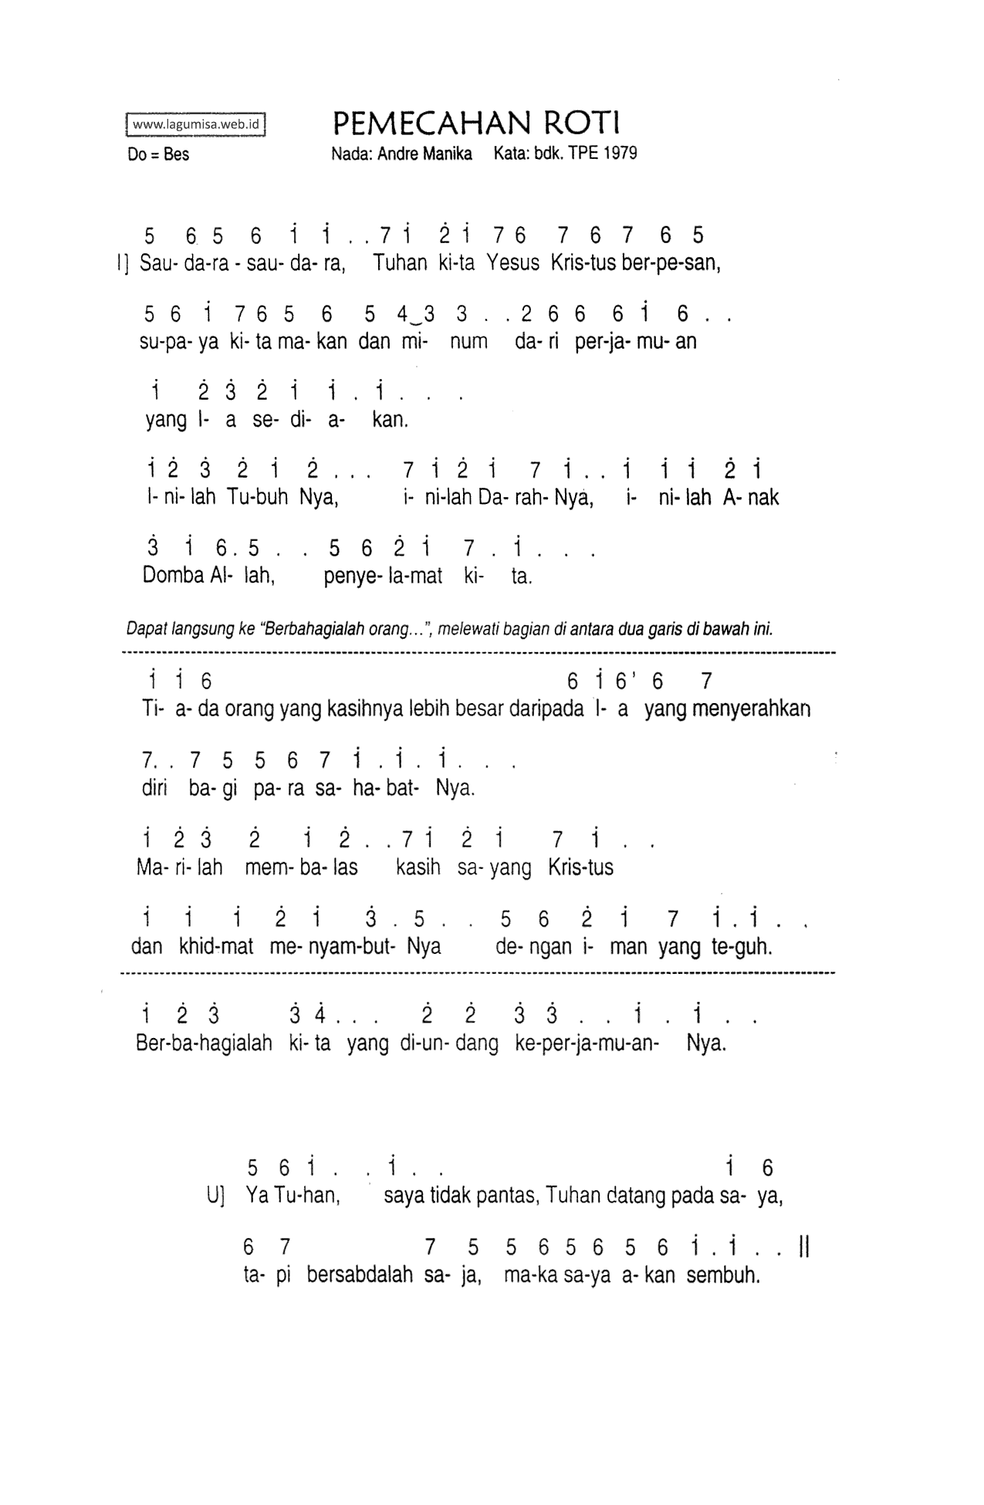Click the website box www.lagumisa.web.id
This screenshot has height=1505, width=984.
click(195, 124)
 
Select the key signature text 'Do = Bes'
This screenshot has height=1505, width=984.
click(158, 154)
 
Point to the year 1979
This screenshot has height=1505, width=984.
click(621, 153)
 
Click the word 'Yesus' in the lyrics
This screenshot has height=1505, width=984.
click(512, 263)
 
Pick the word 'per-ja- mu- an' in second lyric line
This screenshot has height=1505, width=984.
click(635, 341)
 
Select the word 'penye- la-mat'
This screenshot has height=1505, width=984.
click(383, 576)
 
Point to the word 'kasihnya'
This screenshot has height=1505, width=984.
click(338, 709)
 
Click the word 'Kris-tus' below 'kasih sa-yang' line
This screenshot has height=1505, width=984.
click(580, 867)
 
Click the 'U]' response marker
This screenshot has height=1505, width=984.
click(215, 1196)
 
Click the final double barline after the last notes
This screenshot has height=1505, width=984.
click(804, 1247)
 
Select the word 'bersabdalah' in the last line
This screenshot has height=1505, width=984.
click(360, 1274)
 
